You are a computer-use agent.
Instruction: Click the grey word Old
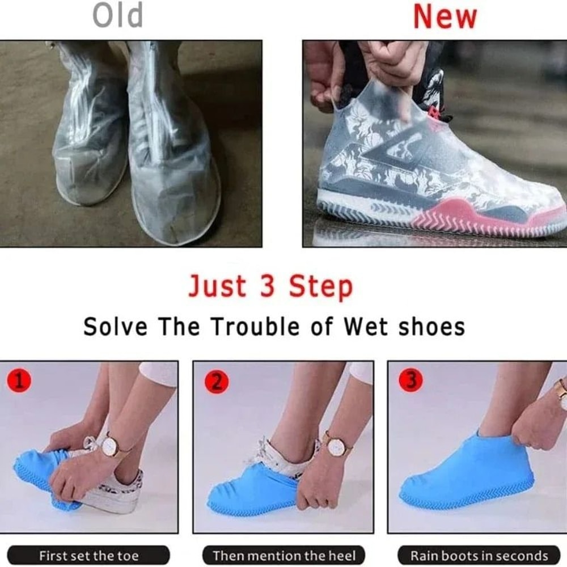pyautogui.click(x=118, y=16)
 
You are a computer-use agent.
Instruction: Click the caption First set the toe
pyautogui.click(x=88, y=556)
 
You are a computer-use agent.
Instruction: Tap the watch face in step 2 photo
pyautogui.click(x=337, y=446)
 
